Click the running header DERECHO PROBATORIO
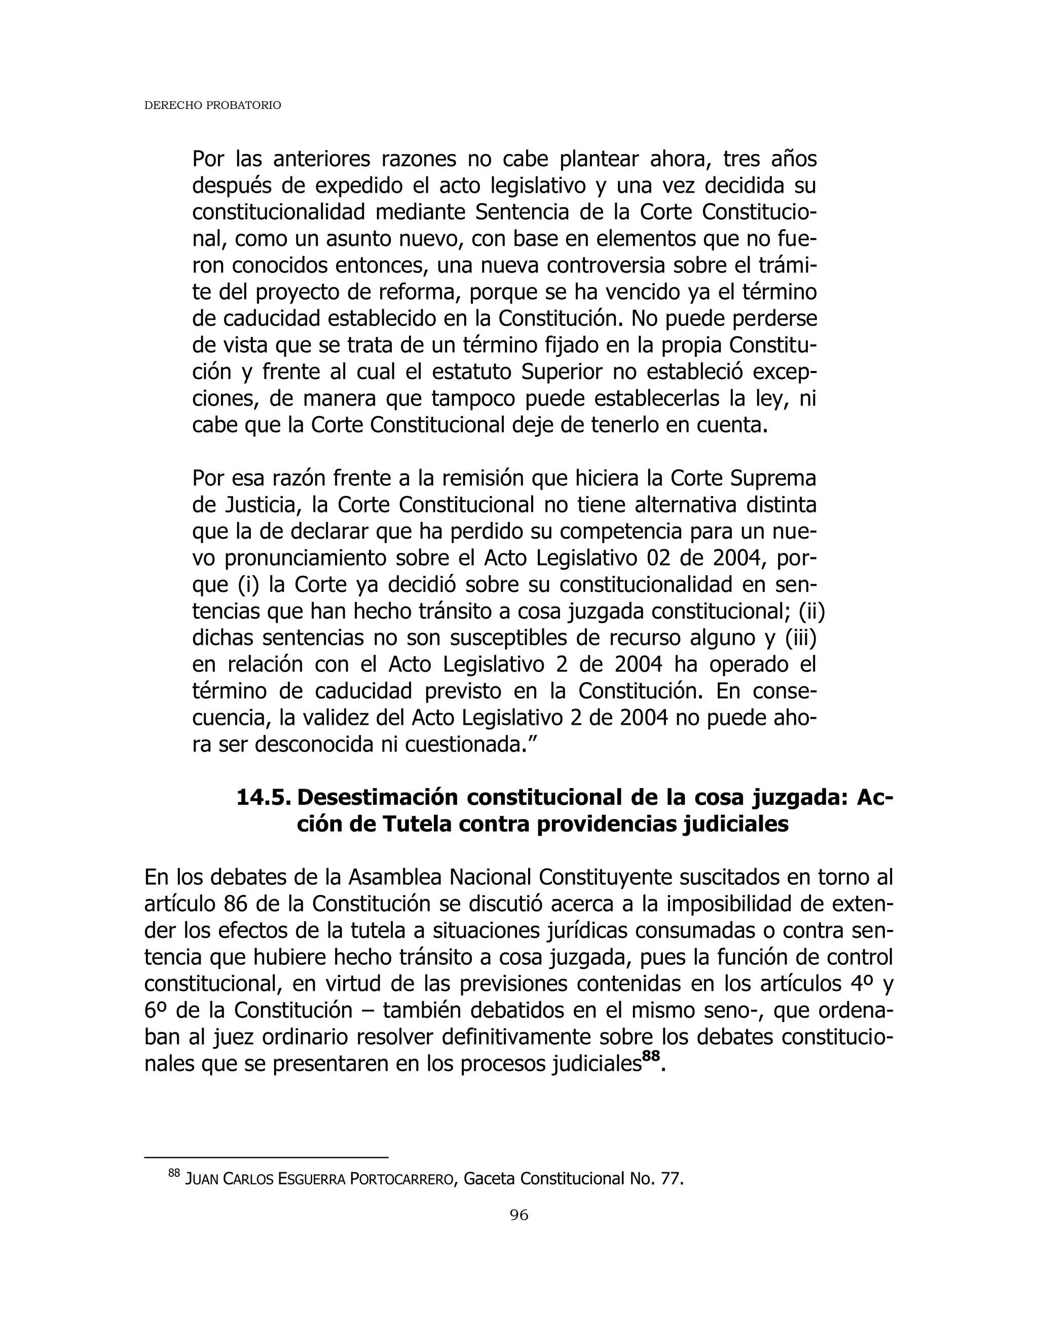coord(212,106)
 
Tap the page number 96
coord(519,1214)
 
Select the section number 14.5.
coord(263,797)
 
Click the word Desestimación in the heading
coord(378,797)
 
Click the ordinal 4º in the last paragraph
coord(863,983)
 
